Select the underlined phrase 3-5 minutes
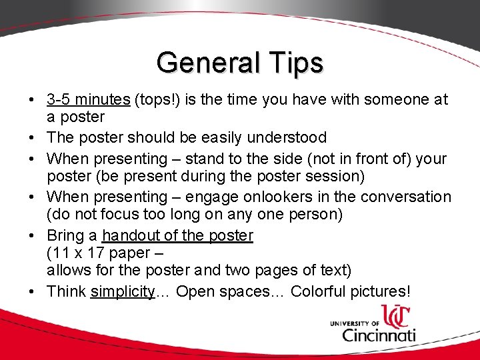[x=88, y=100]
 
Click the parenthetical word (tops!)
[x=159, y=100]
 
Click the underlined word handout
[x=130, y=235]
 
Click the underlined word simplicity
[x=123, y=292]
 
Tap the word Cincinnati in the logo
[x=379, y=333]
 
